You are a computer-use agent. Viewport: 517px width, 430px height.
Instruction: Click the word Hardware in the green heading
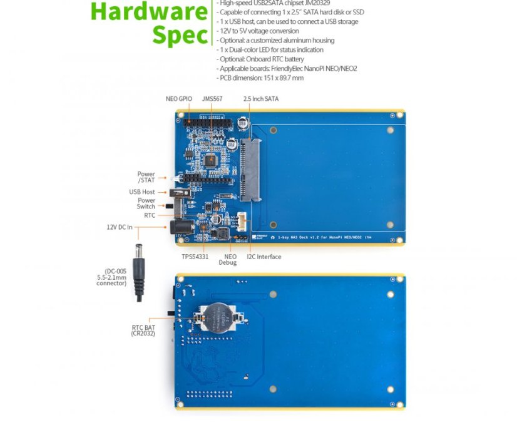[x=149, y=11]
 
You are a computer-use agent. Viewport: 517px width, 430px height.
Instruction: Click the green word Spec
[x=180, y=35]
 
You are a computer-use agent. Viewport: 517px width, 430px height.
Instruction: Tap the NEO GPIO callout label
[x=179, y=99]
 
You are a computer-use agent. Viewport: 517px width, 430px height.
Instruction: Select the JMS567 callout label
[x=212, y=99]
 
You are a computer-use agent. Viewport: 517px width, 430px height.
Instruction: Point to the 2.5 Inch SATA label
[x=261, y=99]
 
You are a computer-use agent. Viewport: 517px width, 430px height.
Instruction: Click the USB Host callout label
[x=142, y=192]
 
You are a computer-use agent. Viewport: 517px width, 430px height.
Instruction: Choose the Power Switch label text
[x=146, y=203]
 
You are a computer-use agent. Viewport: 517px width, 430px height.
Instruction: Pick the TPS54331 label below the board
[x=195, y=257]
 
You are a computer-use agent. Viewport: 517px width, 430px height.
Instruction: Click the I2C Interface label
[x=264, y=257]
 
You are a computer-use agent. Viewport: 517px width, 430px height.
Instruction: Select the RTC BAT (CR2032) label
[x=143, y=330]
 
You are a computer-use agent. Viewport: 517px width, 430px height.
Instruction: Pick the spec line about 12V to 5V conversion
[x=258, y=31]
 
